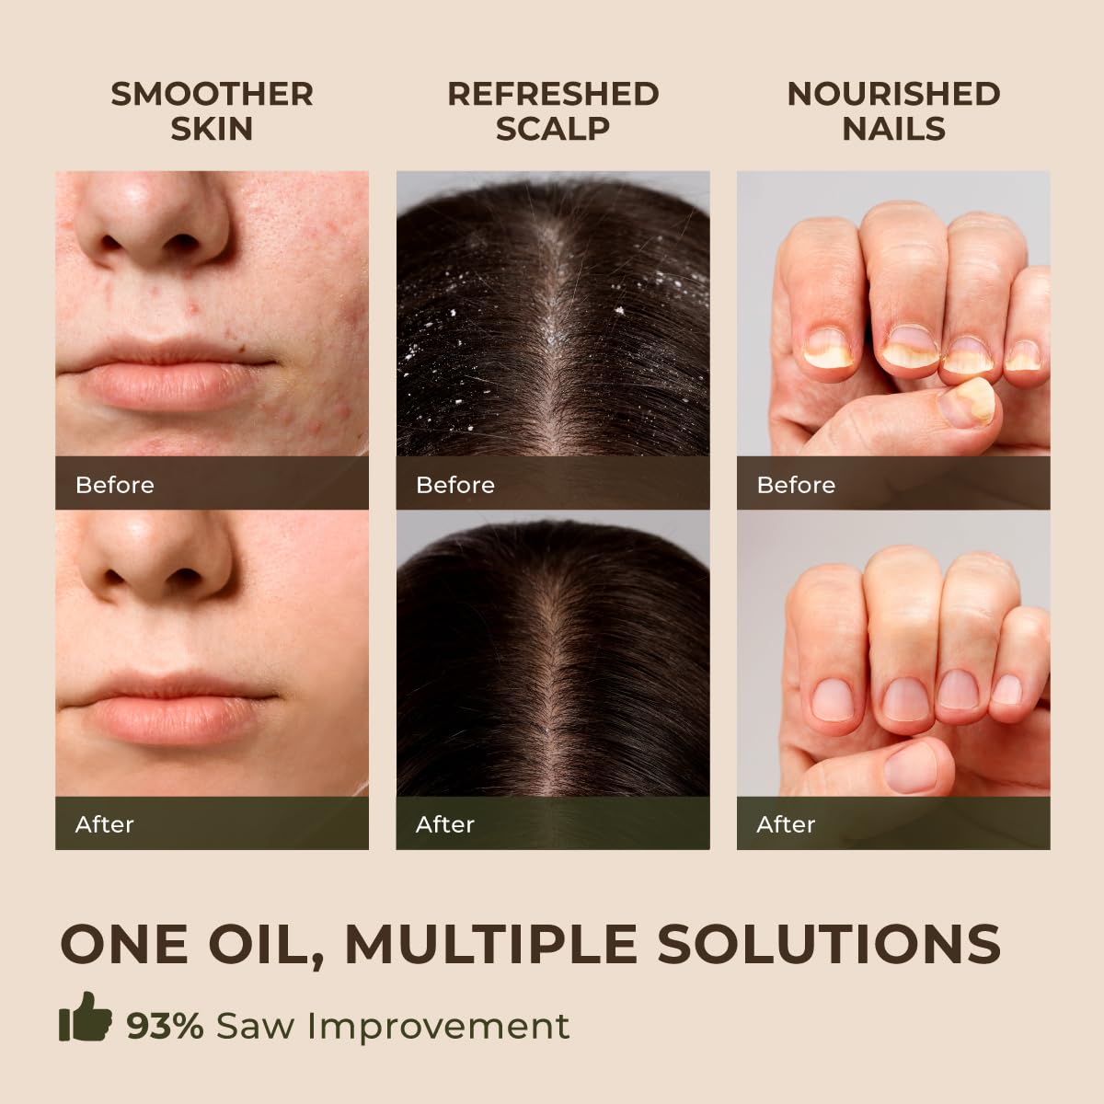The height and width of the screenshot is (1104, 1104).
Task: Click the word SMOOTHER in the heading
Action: (x=212, y=95)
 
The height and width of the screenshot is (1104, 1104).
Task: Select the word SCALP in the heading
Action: (x=553, y=129)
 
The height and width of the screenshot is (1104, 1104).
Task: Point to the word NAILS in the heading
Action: (x=893, y=129)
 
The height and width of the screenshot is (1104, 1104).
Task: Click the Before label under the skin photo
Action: (x=115, y=485)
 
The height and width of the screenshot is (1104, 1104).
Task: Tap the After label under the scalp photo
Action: (x=445, y=824)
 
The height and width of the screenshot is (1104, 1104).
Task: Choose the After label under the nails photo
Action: (x=786, y=824)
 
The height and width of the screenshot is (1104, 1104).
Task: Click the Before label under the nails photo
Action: (x=797, y=485)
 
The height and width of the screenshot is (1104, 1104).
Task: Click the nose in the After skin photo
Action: (x=155, y=558)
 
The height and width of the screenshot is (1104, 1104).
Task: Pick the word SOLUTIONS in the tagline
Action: (x=828, y=944)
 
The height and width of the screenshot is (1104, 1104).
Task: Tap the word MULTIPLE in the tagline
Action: (x=491, y=944)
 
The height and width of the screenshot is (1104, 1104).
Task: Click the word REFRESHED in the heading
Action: (x=553, y=95)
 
